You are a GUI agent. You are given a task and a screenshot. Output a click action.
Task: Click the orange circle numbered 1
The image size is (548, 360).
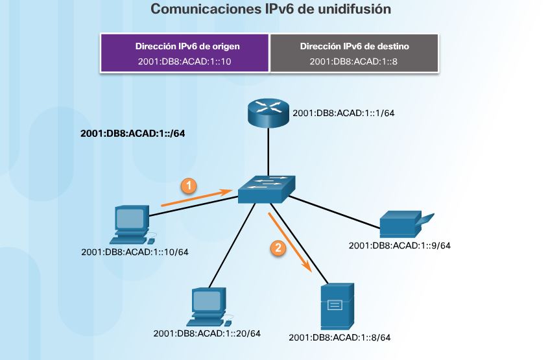pyautogui.click(x=188, y=186)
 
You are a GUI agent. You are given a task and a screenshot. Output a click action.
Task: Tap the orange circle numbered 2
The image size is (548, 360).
pyautogui.click(x=278, y=247)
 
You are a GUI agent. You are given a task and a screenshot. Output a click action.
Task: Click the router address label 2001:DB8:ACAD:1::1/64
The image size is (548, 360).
pyautogui.click(x=344, y=113)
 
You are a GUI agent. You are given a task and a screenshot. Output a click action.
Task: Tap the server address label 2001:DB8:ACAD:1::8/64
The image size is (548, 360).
pyautogui.click(x=340, y=337)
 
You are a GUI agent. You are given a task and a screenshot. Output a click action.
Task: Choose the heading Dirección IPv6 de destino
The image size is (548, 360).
pyautogui.click(x=355, y=47)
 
